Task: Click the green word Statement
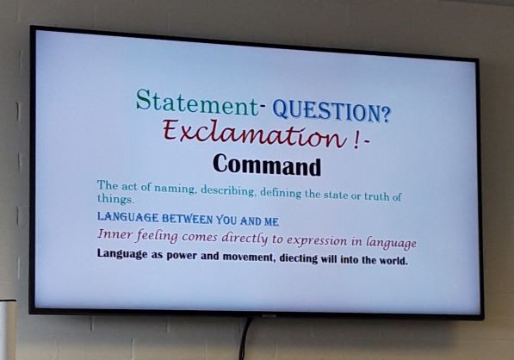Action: pyautogui.click(x=197, y=102)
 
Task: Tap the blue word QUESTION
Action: pyautogui.click(x=326, y=111)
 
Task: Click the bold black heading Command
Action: pyautogui.click(x=267, y=165)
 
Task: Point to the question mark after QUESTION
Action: pyautogui.click(x=386, y=115)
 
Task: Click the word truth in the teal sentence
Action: pyautogui.click(x=376, y=196)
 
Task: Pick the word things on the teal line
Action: pyautogui.click(x=115, y=199)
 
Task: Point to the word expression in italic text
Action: pyautogui.click(x=317, y=241)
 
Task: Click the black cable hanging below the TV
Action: pyautogui.click(x=245, y=338)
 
